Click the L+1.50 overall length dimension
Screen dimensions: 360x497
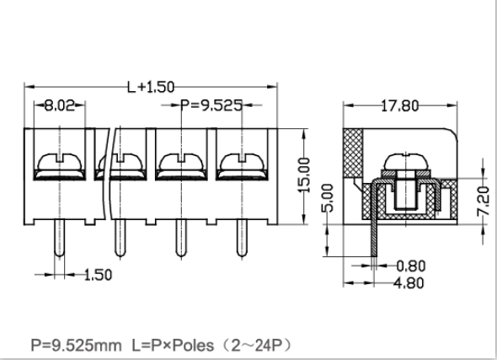pos(152,87)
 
